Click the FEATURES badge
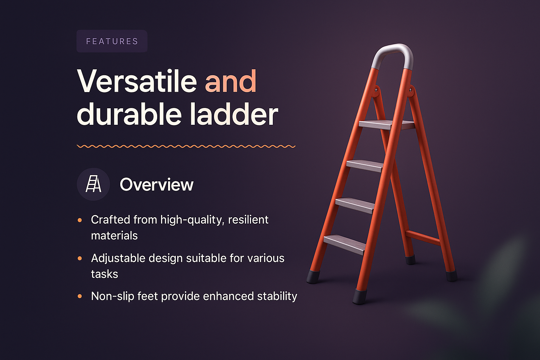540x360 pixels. tap(112, 41)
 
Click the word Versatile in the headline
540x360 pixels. tap(137, 82)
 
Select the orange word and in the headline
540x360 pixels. tap(231, 82)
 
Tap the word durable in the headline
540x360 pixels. tap(129, 114)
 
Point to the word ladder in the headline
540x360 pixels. tap(234, 114)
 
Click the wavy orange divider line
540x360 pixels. tap(186, 146)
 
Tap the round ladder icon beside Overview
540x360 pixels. tap(93, 184)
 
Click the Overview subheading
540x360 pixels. tap(156, 185)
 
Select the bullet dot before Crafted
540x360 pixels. tap(80, 220)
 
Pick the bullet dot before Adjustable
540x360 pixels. tap(80, 258)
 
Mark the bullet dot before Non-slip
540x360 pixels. tap(80, 296)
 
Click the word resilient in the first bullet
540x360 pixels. tap(248, 220)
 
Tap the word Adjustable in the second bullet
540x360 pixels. tap(118, 258)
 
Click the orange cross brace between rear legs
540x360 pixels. tap(423, 238)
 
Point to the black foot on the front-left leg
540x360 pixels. tap(313, 277)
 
